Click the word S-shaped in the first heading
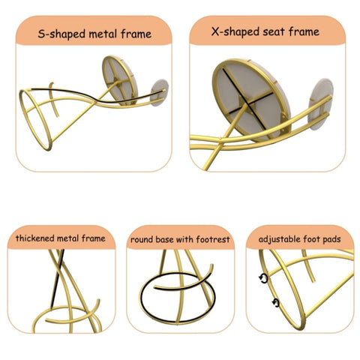[61, 34]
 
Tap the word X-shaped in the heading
[235, 31]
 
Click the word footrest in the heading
[213, 239]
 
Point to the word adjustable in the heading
[279, 239]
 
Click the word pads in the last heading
[331, 239]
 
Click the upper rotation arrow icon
[263, 278]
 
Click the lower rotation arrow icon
[276, 303]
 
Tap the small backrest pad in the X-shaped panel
[321, 104]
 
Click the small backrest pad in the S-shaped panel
[159, 92]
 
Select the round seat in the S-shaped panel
[120, 80]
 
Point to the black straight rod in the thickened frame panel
[58, 278]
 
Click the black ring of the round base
[140, 298]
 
